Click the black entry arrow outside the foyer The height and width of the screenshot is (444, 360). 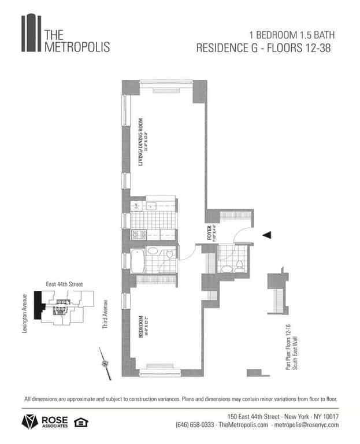click(x=266, y=235)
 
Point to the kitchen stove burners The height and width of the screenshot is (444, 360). click(x=139, y=234)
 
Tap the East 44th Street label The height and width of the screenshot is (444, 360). click(x=64, y=284)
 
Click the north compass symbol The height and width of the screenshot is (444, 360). click(x=105, y=362)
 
